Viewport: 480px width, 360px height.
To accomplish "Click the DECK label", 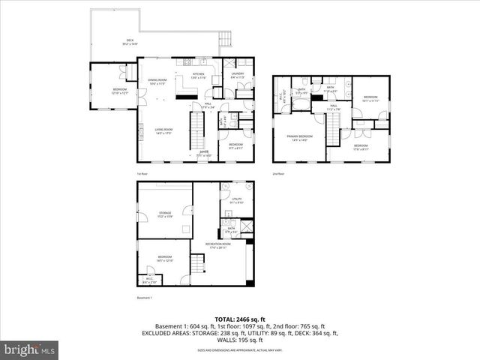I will click(130, 42).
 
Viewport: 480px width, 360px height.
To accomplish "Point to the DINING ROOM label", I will click(157, 82).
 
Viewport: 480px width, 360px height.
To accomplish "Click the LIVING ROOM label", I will click(154, 132).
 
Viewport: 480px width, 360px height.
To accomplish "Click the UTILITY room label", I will click(235, 200).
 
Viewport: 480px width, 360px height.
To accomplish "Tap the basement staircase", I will click(199, 265).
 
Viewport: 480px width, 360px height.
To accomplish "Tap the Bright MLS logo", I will click(30, 349).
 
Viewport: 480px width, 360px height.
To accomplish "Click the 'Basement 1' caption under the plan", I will click(145, 298).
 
